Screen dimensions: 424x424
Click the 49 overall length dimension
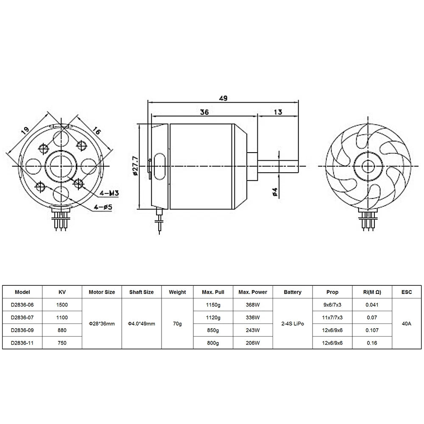[223, 98]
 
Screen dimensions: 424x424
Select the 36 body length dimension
[204, 112]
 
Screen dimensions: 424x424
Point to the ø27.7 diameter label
[135, 165]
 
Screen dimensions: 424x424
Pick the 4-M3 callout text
[109, 193]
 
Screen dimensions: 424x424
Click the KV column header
[62, 292]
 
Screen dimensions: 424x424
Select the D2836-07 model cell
[22, 317]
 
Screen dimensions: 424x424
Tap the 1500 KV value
[62, 304]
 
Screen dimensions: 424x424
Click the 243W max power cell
[253, 330]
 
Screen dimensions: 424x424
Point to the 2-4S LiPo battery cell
[293, 324]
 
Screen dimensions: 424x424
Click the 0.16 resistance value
[372, 343]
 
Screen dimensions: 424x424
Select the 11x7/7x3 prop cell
[332, 317]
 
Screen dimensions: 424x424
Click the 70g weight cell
[177, 324]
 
